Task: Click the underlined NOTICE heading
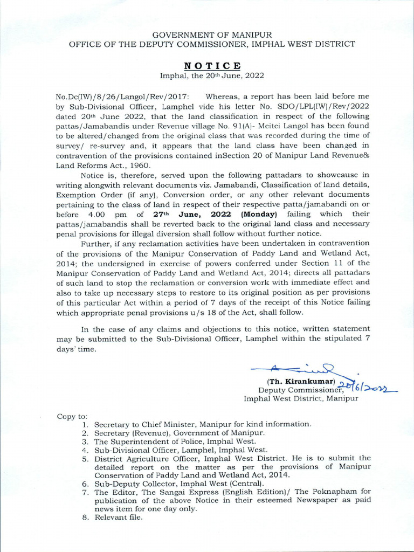207,65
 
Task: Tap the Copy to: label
72,416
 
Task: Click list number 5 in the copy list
85,459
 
